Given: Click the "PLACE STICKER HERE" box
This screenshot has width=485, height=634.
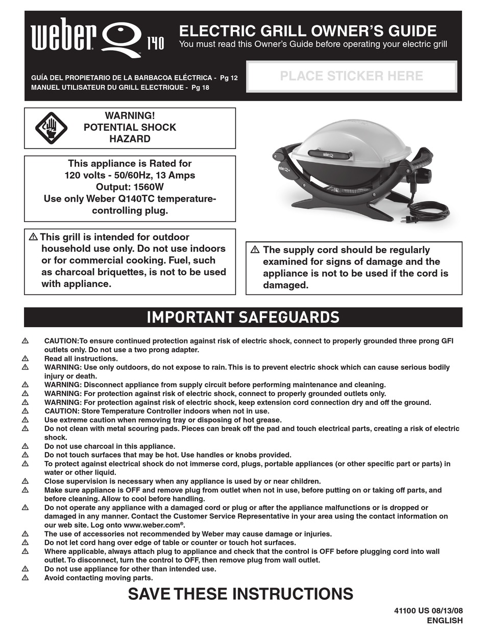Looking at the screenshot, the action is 351,76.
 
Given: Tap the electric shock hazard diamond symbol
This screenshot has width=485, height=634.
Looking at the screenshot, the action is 51,128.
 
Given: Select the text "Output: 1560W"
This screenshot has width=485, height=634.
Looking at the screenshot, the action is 130,187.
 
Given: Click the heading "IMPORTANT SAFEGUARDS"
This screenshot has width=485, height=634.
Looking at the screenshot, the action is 243,317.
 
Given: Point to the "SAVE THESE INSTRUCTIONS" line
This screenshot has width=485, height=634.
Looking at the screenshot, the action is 240,594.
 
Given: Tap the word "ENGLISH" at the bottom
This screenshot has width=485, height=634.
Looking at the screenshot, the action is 445,621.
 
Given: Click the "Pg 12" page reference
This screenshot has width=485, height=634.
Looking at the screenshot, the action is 229,78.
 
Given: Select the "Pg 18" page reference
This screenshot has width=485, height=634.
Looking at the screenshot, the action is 200,87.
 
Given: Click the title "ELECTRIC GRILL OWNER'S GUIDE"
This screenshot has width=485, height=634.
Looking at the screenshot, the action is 308,31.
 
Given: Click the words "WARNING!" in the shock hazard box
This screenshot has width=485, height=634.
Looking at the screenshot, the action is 130,116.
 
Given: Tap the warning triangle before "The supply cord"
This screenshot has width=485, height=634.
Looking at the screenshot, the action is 255,250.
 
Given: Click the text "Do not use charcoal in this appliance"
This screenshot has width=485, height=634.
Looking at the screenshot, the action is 110,446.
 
